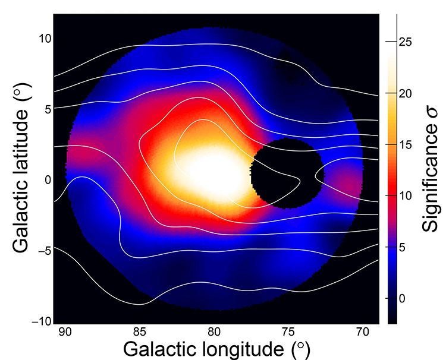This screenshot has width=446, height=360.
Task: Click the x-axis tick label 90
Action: [65, 331]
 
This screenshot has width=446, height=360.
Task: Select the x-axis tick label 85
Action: [140, 331]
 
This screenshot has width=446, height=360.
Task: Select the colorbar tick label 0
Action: [403, 298]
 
